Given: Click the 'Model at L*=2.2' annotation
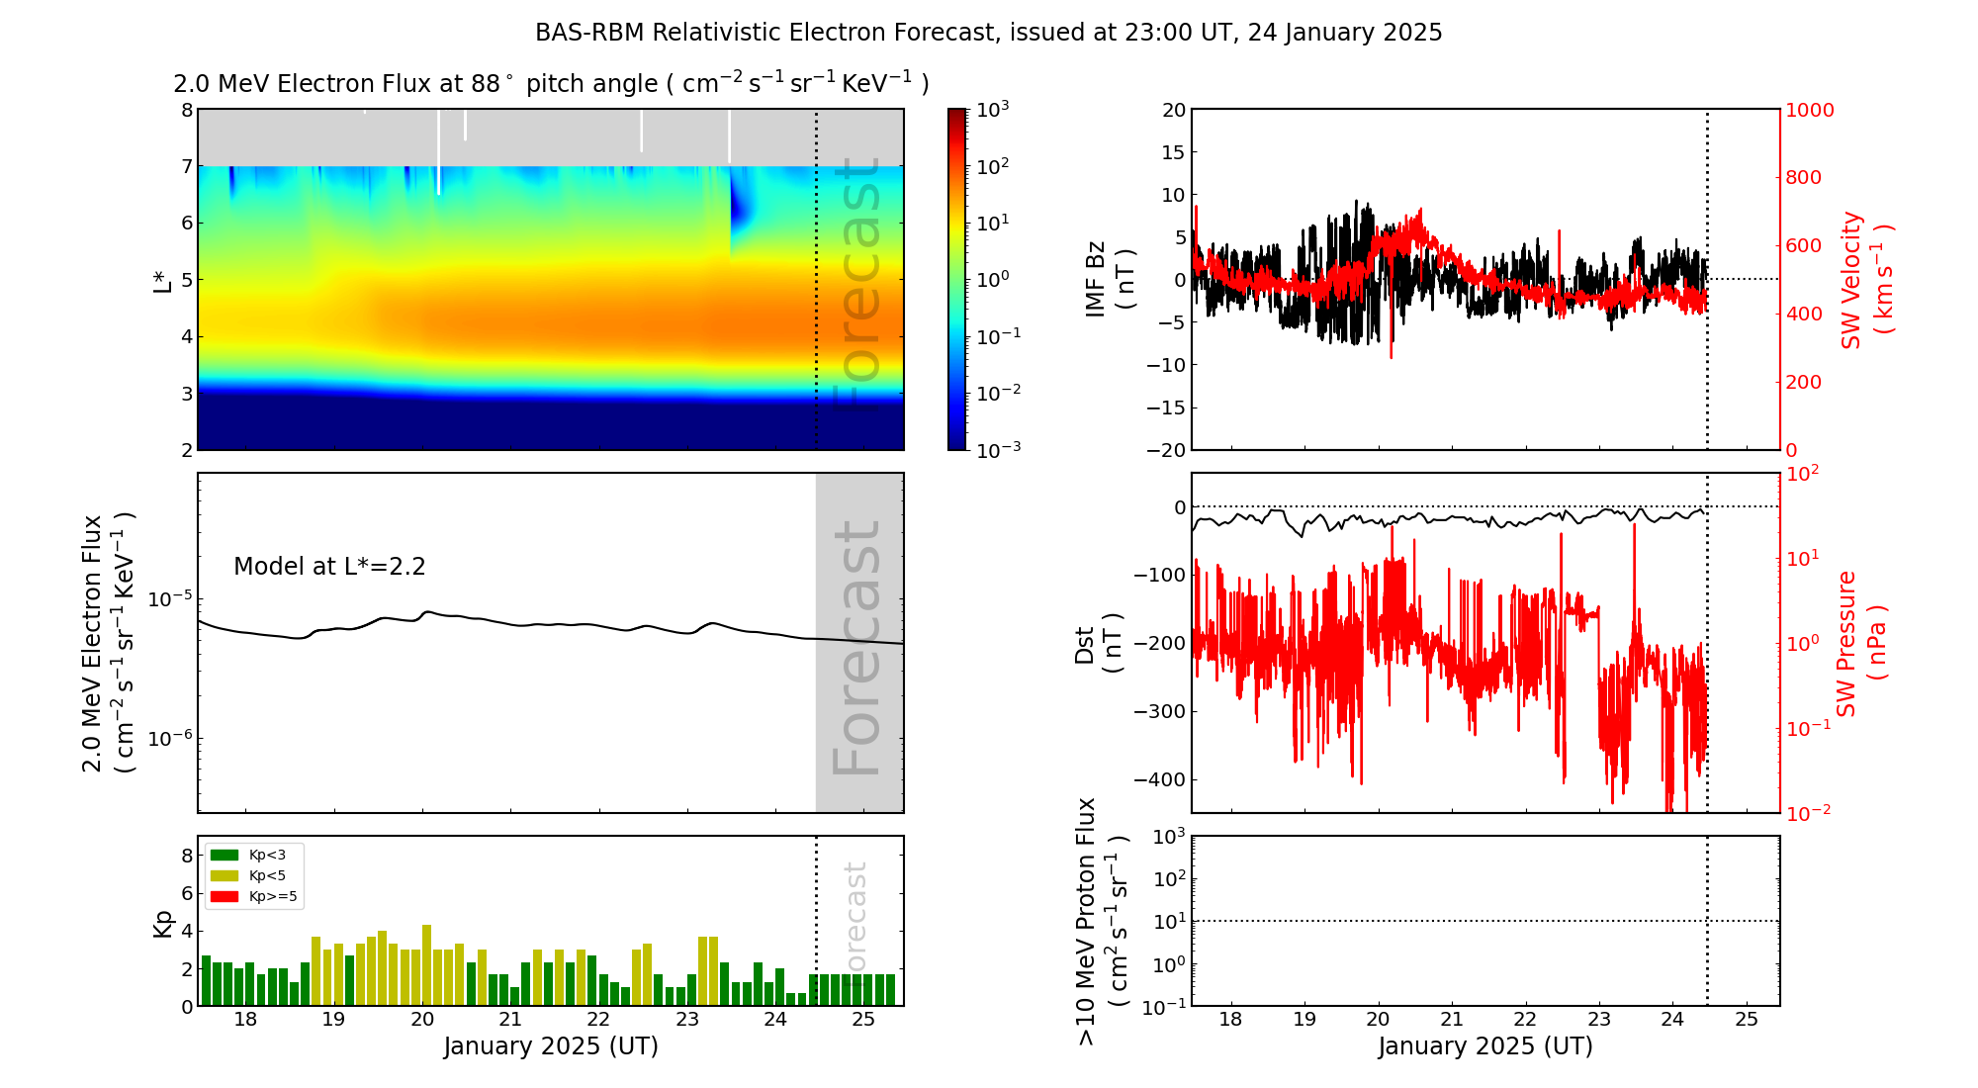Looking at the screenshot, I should click(329, 567).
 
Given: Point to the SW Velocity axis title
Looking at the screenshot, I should click(1865, 280).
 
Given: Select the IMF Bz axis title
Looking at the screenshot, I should click(1109, 280).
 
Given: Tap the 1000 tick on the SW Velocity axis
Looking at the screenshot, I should click(1809, 110).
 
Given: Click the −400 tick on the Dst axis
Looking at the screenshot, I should click(1159, 779).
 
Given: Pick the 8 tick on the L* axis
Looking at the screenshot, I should click(187, 110).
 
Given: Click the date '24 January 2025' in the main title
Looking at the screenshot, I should click(1345, 33).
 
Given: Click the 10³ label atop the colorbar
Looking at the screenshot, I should click(992, 109).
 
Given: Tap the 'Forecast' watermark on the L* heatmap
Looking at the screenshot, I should click(856, 282).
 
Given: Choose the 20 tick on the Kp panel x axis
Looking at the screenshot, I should click(422, 1020).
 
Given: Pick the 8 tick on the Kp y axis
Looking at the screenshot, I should click(187, 856).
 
